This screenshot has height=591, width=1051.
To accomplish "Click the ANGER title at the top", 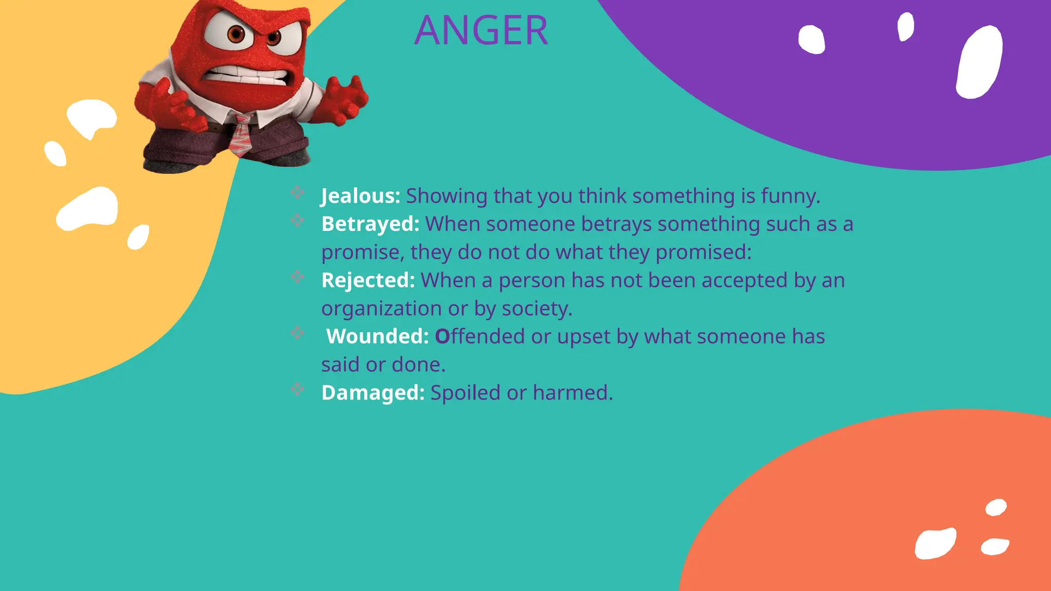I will (481, 30).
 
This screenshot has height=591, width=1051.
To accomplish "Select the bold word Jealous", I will (360, 196).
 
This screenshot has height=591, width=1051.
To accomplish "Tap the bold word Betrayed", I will (370, 224).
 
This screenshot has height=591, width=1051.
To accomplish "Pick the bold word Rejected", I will (368, 281).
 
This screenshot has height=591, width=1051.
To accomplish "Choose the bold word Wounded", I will (377, 337).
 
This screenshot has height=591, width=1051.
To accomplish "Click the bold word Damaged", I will (373, 393).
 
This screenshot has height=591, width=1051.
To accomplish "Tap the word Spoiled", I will (465, 393).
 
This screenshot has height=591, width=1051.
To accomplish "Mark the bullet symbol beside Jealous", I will (297, 192).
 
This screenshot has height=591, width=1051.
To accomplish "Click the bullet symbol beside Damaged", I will (297, 389).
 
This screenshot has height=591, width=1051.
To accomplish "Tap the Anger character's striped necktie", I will (240, 135).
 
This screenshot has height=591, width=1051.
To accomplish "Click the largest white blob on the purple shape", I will (979, 62).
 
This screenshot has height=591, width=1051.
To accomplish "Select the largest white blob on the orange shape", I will (935, 543).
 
